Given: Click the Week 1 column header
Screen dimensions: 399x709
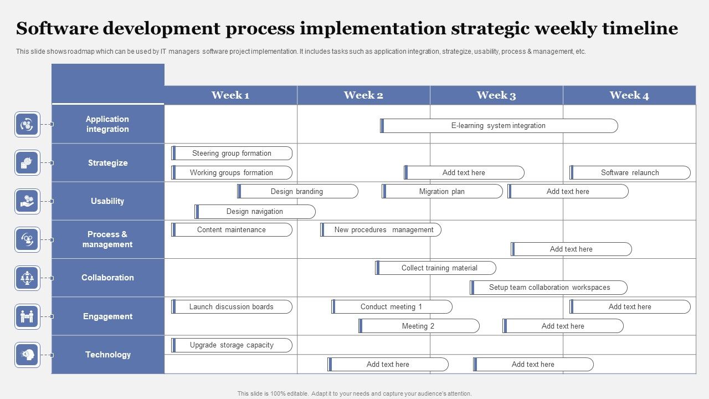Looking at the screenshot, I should [230, 95].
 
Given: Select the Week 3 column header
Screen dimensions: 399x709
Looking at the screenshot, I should [496, 95].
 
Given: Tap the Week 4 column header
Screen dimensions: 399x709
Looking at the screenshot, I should [629, 95].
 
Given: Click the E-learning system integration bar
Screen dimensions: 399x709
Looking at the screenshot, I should [499, 126].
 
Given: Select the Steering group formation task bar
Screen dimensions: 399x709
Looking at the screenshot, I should [232, 154].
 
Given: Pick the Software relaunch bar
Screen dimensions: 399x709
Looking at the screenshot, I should [630, 173].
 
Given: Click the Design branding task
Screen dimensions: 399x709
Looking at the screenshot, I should [297, 192].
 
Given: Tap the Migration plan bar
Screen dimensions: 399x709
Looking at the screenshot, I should [442, 192].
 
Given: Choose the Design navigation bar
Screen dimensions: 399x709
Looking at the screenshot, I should [255, 212].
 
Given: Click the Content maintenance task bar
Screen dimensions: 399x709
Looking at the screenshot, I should [232, 230].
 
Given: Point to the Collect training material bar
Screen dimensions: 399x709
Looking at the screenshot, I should [436, 268].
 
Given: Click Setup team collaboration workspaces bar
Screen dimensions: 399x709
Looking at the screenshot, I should [549, 288].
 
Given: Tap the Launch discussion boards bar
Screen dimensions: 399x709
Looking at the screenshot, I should [232, 307].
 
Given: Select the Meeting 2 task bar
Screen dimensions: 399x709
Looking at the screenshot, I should [419, 326].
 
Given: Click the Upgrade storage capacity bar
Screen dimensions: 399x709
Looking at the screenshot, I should [232, 345].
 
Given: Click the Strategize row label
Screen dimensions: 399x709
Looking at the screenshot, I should [108, 163].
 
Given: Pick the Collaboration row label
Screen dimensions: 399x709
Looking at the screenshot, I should [108, 278].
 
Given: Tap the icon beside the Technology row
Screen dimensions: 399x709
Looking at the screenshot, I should [27, 355].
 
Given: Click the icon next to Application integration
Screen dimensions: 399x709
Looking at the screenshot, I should [27, 125].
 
